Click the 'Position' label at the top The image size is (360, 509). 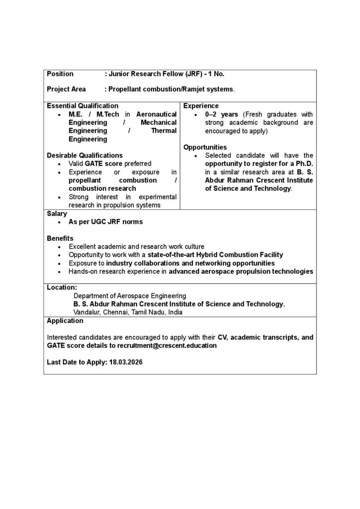(60, 74)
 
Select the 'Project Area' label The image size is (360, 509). (66, 89)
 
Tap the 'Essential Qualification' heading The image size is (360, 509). (83, 106)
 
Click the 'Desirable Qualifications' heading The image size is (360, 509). (85, 155)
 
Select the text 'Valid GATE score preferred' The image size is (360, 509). (110, 164)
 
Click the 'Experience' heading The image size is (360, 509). (201, 106)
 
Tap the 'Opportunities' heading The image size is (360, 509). (205, 147)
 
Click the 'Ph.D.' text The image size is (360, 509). (302, 164)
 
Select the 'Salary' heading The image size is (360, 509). (57, 213)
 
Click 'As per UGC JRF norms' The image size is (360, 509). (105, 222)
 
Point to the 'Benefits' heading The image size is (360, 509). (60, 238)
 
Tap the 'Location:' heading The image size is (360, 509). (62, 287)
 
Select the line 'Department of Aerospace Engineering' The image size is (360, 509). (130, 296)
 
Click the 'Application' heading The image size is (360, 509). (65, 321)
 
